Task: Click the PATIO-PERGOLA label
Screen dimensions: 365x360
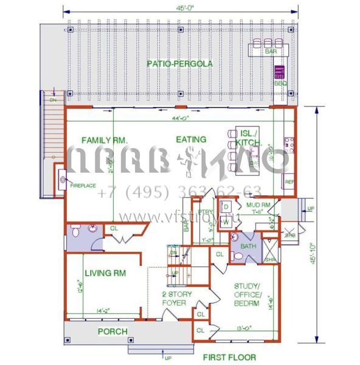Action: pos(179,63)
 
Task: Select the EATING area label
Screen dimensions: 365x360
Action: pos(191,139)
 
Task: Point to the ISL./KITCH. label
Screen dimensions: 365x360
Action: pos(247,137)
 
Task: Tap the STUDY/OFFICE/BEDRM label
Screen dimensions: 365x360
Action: pos(247,294)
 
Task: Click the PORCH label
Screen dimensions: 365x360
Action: pos(113,332)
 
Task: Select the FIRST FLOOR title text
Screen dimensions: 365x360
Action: pos(229,357)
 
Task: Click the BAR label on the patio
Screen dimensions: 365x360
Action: pos(271,52)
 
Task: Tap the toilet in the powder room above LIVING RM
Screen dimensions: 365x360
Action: pos(74,232)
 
